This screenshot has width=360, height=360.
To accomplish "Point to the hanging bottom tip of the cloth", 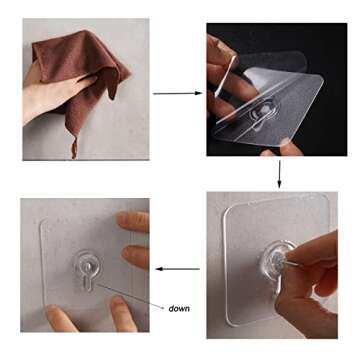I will (73, 150).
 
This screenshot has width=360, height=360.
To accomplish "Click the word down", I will (179, 308).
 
